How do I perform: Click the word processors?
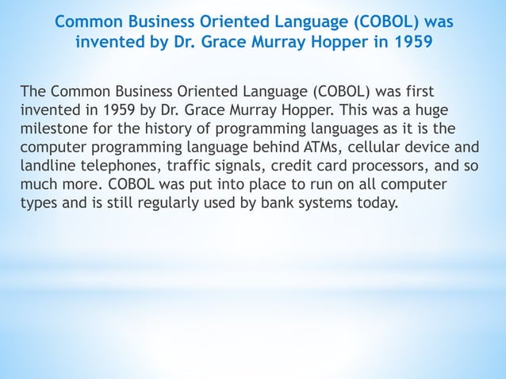[x=392, y=167]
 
